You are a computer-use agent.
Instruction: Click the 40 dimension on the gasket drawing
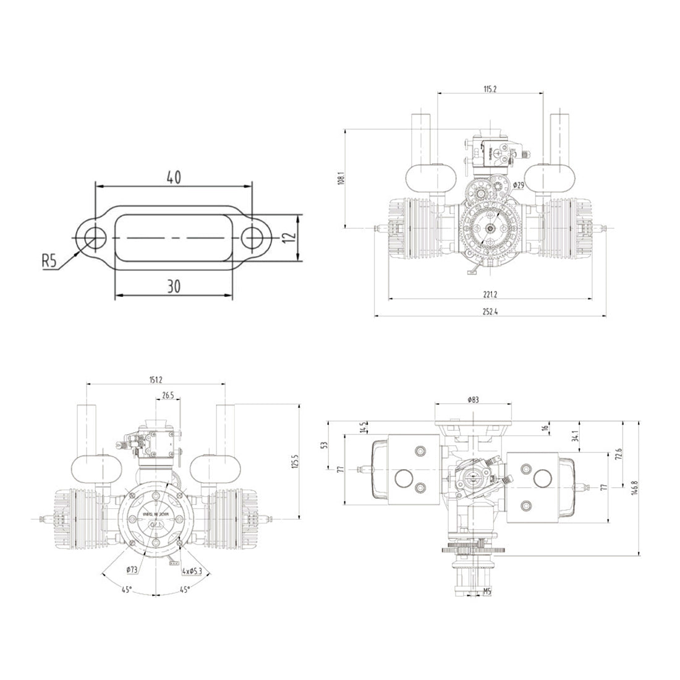(x=173, y=177)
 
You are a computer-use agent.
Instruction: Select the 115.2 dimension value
(x=490, y=89)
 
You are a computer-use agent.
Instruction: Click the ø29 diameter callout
(x=519, y=185)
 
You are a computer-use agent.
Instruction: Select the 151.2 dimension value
(x=156, y=379)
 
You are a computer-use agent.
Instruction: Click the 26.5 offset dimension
(x=168, y=394)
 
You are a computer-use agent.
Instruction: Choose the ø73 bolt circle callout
(x=131, y=569)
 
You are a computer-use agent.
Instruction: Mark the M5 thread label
(x=487, y=592)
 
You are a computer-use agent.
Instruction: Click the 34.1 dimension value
(x=575, y=437)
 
